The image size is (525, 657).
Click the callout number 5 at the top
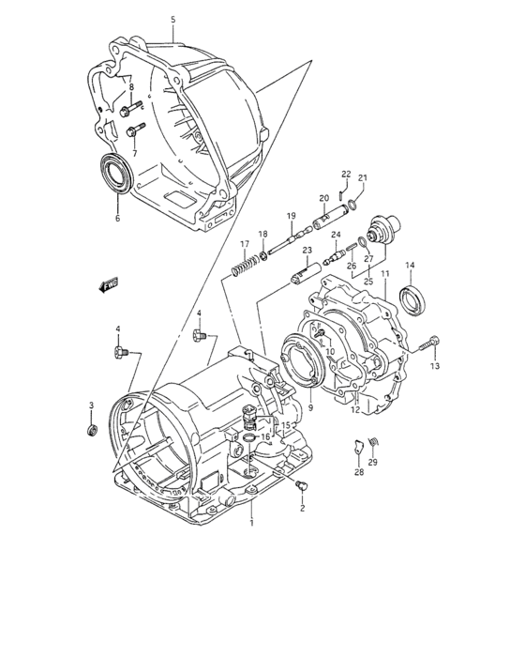click(172, 20)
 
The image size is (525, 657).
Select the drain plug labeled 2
click(299, 485)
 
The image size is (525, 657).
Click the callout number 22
click(345, 174)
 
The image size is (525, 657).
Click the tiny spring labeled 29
click(374, 442)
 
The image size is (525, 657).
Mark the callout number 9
click(310, 408)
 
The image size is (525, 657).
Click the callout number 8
click(132, 87)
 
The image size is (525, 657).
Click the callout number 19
click(292, 215)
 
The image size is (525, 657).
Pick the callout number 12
click(354, 408)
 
